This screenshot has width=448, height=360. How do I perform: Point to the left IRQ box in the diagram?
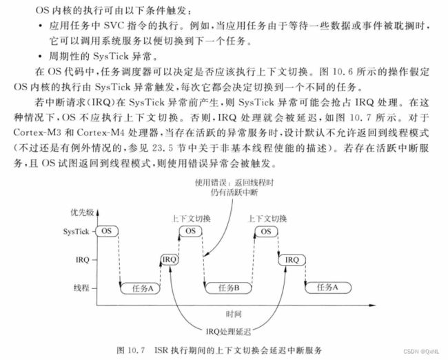pos(170,259)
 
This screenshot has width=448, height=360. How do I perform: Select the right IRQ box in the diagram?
pos(292,259)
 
